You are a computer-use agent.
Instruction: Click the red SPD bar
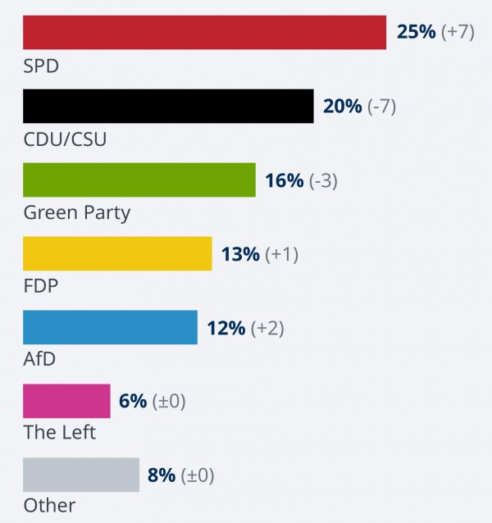click(x=204, y=33)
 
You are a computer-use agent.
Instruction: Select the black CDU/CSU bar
click(x=168, y=107)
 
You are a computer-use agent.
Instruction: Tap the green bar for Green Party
click(x=139, y=180)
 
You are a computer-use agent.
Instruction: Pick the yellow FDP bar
click(x=117, y=254)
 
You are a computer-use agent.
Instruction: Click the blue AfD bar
click(x=110, y=328)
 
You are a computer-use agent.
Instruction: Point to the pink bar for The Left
click(x=66, y=401)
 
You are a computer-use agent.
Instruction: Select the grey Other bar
click(x=81, y=475)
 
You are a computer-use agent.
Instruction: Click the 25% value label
click(x=417, y=33)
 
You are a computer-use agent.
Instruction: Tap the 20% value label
click(x=342, y=107)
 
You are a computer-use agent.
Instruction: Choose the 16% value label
click(x=284, y=180)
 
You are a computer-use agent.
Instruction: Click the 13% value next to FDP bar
click(x=240, y=254)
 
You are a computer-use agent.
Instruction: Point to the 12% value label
click(x=225, y=328)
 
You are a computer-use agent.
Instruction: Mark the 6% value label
click(x=133, y=401)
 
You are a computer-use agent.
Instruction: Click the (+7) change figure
click(x=459, y=33)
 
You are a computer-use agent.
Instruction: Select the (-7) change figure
click(x=381, y=107)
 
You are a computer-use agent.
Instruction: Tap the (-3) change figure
click(x=323, y=180)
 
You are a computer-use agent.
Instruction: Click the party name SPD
click(x=41, y=66)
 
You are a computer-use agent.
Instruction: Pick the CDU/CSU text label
click(x=65, y=139)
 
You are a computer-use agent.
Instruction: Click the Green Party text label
click(x=76, y=213)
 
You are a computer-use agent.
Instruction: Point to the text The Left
click(x=60, y=432)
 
